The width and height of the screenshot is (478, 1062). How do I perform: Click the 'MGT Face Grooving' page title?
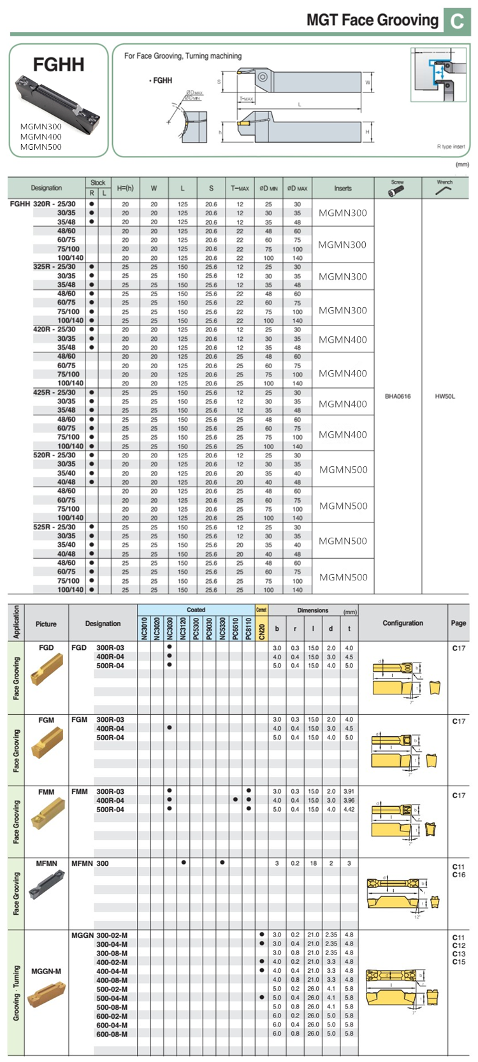(372, 20)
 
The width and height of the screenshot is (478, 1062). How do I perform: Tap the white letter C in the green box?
(457, 22)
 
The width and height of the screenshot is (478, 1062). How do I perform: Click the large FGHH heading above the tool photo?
(58, 64)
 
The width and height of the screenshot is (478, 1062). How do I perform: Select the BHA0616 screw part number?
(398, 396)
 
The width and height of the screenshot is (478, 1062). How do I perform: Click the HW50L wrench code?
(445, 396)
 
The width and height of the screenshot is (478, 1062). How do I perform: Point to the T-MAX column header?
(240, 188)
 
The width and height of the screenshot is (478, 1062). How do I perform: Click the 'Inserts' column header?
(342, 188)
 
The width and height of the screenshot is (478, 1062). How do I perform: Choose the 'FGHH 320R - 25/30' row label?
(43, 204)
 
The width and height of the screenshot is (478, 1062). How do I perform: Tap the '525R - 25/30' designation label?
(54, 527)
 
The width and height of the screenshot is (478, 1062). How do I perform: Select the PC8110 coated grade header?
(248, 628)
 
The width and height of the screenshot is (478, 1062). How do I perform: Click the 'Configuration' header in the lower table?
(403, 623)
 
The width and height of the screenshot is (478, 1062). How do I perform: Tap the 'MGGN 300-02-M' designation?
(99, 935)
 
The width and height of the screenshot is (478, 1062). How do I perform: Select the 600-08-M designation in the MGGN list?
(112, 1034)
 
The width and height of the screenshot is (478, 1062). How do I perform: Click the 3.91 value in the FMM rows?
(349, 791)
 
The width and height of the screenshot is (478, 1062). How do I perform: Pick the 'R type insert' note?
(451, 147)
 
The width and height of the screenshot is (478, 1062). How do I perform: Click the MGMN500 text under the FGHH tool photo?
(41, 147)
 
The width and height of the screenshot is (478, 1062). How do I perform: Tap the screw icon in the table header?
(397, 190)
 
